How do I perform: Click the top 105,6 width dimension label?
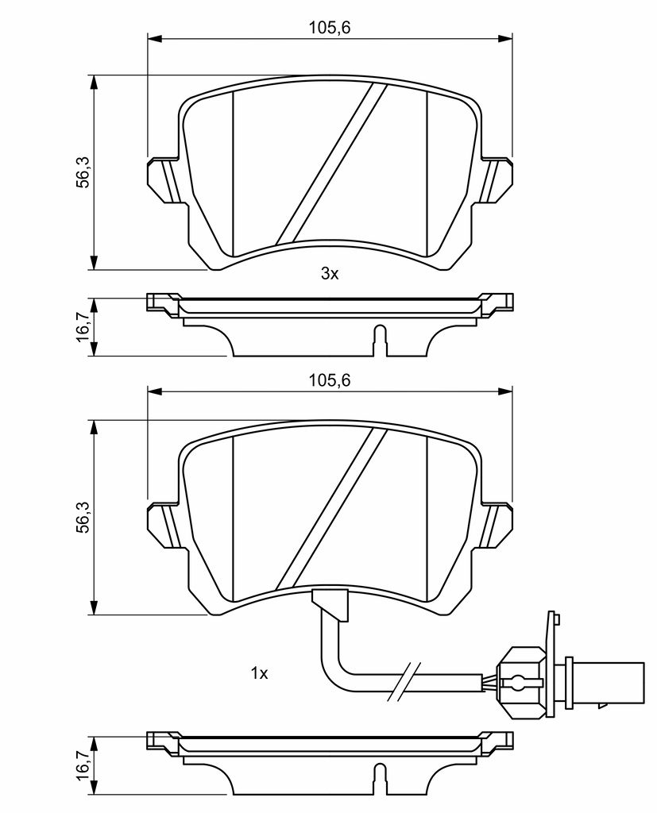330,28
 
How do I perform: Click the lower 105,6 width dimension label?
330,380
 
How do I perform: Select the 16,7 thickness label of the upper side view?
83,327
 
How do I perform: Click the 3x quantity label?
330,273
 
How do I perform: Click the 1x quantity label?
259,673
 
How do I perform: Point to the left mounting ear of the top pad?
165,179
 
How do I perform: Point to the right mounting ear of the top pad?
495,179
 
